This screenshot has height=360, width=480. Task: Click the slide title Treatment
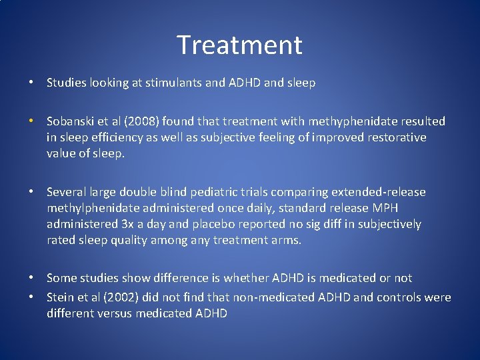239,45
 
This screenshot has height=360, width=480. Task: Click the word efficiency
114,137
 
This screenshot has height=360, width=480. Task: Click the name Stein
61,297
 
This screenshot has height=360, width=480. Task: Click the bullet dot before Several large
31,192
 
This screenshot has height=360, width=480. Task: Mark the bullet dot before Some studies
31,278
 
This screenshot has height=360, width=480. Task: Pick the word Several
67,192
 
